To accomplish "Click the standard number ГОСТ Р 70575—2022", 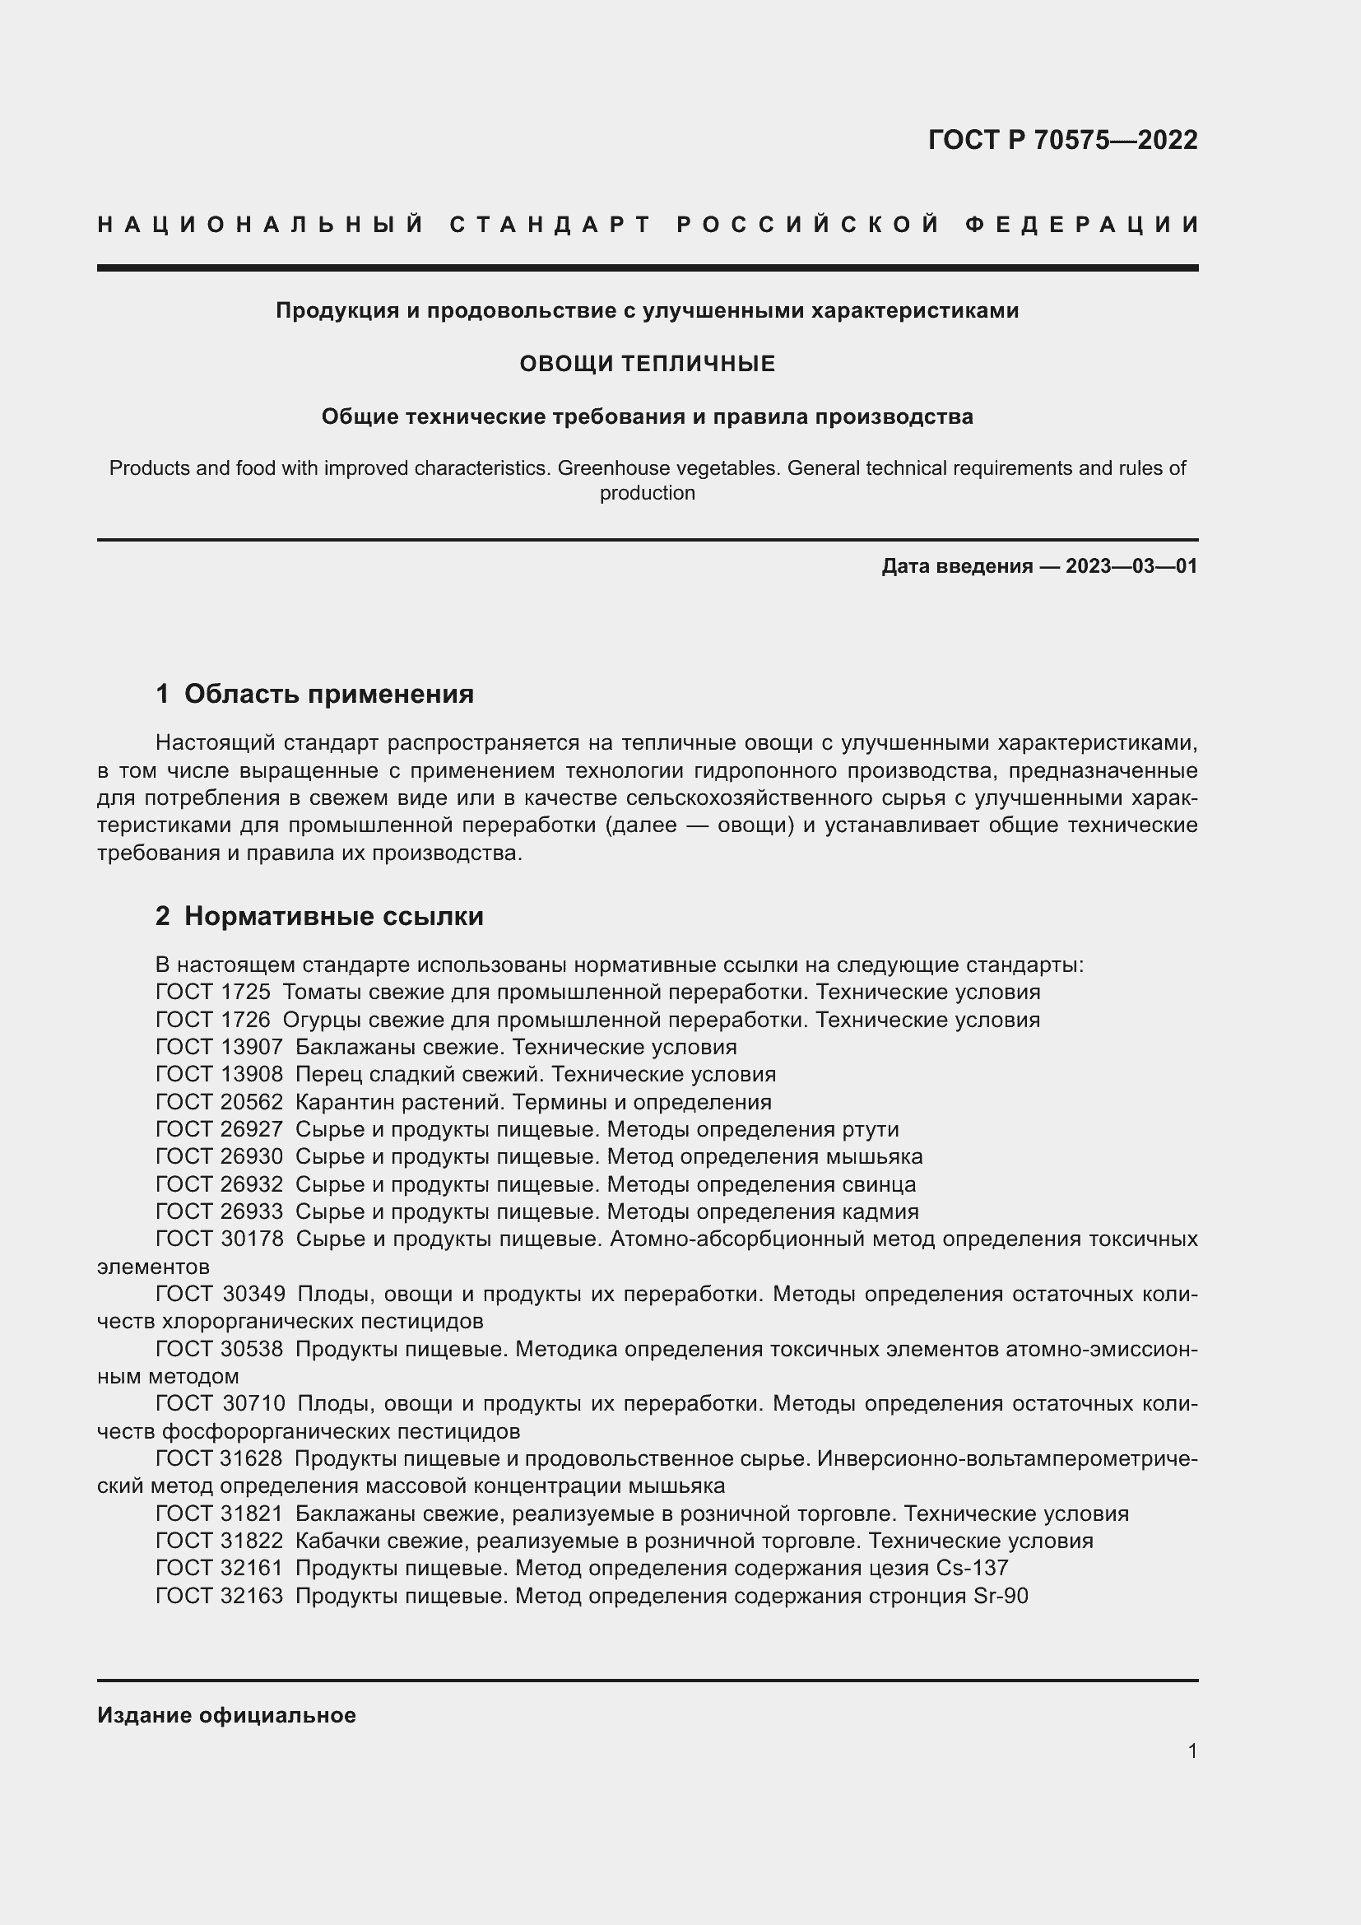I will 1061,140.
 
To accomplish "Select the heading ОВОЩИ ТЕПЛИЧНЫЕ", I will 647,364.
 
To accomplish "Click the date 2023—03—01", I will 1131,566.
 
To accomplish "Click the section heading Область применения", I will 328,695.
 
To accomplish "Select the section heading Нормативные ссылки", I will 333,916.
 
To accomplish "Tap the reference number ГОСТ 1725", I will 213,993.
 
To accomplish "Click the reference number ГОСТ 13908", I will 220,1075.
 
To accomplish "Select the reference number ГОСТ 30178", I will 220,1239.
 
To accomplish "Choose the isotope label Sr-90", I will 1001,1597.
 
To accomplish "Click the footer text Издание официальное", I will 226,1715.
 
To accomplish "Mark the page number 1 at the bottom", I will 1192,1751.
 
